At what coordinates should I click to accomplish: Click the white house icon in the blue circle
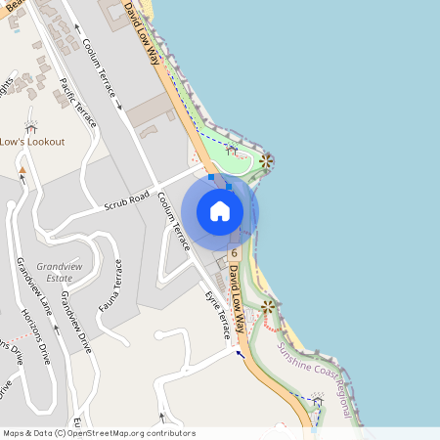coord(219,211)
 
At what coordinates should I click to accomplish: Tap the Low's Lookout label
coord(32,142)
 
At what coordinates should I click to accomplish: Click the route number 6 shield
coord(235,254)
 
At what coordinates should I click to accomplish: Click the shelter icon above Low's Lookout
coord(30,126)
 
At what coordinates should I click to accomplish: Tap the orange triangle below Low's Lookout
coord(22,170)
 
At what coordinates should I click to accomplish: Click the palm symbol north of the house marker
coord(264,160)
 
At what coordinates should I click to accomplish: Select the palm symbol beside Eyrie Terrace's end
coord(267,307)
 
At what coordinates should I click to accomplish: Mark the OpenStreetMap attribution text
coord(99,433)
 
